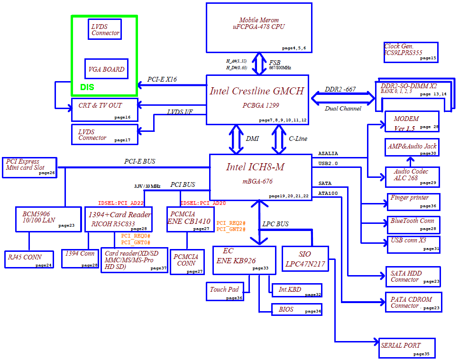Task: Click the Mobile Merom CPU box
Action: [x=259, y=28]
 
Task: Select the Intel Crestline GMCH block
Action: [x=257, y=100]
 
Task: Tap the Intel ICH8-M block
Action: [x=260, y=177]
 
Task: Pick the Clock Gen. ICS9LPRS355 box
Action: [x=411, y=53]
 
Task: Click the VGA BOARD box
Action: [x=106, y=69]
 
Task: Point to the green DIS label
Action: [x=87, y=87]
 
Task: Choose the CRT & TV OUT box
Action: [x=104, y=110]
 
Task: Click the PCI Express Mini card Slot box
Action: [x=29, y=167]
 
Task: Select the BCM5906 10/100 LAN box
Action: [x=48, y=220]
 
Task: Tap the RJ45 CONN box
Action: [x=29, y=259]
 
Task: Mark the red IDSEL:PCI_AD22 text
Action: [x=121, y=203]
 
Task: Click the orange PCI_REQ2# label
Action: [x=230, y=223]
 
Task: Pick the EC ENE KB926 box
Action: [x=244, y=260]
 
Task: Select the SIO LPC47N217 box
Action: [x=305, y=258]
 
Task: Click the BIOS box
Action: [x=296, y=309]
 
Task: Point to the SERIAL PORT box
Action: [x=406, y=348]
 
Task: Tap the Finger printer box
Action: [x=413, y=202]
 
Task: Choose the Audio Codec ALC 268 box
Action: [x=412, y=177]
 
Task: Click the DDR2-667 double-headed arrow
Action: [x=343, y=99]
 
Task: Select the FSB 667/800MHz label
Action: [x=280, y=65]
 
